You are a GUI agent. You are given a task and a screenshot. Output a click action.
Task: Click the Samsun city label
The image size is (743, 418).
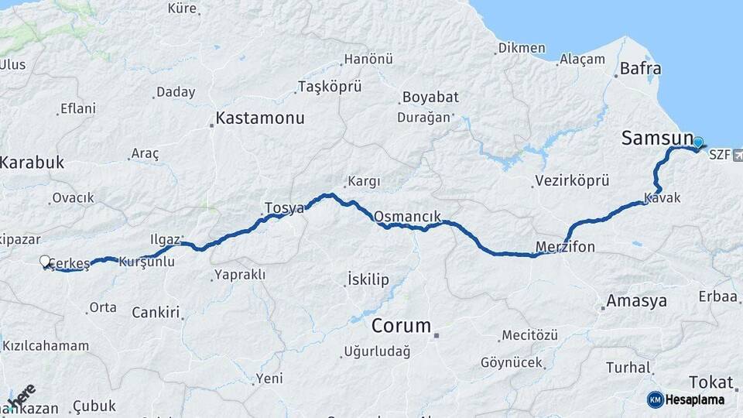pyautogui.click(x=657, y=139)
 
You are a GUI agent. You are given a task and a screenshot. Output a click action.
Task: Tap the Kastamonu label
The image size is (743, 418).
pyautogui.click(x=260, y=118)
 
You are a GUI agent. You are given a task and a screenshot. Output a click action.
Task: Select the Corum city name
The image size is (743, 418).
pyautogui.click(x=401, y=325)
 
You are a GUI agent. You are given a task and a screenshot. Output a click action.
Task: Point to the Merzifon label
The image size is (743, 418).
pyautogui.click(x=566, y=248)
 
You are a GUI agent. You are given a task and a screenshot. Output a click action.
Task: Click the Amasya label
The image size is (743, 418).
pyautogui.click(x=637, y=300)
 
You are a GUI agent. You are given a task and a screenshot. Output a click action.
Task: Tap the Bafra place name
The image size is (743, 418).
pyautogui.click(x=641, y=69)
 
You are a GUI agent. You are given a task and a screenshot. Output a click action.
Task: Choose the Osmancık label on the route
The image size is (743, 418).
pyautogui.click(x=407, y=218)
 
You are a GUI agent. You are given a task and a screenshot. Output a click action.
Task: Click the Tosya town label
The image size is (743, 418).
pyautogui.click(x=284, y=207)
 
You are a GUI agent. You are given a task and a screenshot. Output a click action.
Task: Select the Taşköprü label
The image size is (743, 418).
pyautogui.click(x=330, y=86)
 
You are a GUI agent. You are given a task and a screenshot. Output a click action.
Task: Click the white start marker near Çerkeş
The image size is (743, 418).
pyautogui.click(x=45, y=262)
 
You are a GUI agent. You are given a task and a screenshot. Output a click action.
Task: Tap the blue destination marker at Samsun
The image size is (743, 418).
pyautogui.click(x=698, y=142)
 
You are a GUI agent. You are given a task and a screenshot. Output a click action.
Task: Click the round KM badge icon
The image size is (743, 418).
pyautogui.click(x=655, y=399)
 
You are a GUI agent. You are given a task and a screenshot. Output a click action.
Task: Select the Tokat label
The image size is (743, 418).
pyautogui.click(x=710, y=382)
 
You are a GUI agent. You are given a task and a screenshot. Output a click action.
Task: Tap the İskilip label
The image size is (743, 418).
pyautogui.click(x=368, y=279)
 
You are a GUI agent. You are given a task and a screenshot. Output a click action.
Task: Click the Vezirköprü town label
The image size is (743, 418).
pyautogui.click(x=573, y=180)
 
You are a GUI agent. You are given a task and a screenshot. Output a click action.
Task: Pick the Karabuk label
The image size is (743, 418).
pyautogui.click(x=32, y=163)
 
